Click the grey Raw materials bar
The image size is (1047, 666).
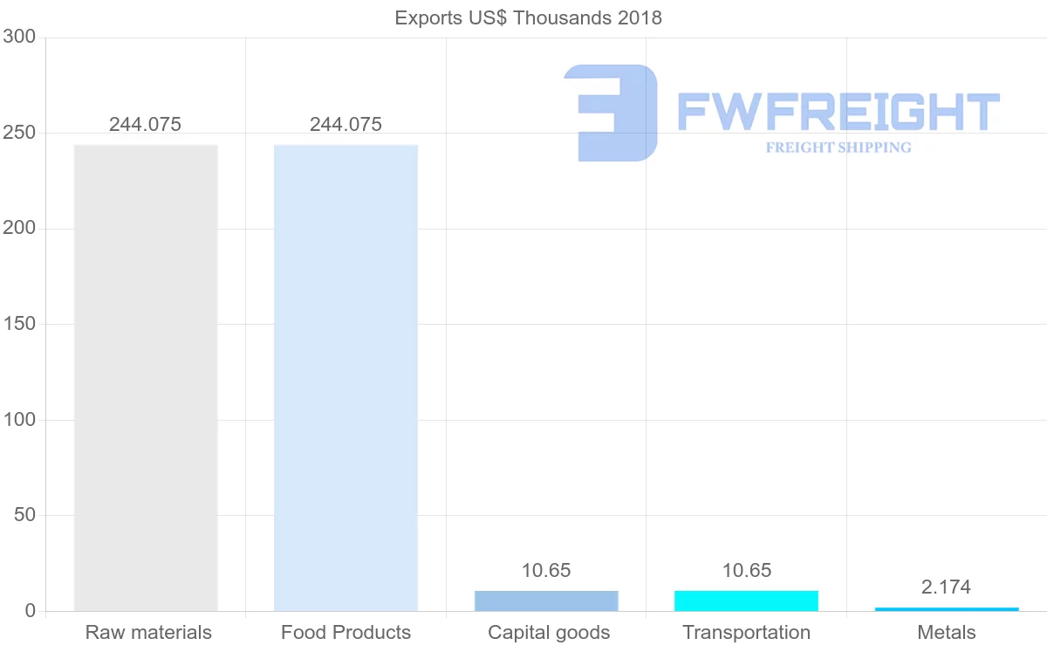point(146,377)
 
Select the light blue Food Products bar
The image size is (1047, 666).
point(346,377)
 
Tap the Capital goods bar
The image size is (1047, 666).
point(546,601)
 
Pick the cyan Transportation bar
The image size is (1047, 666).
point(747,601)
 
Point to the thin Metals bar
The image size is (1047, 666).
point(947,608)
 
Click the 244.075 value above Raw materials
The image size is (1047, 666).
point(146,124)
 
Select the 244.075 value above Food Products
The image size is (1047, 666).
point(346,124)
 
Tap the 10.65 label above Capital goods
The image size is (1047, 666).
point(546,570)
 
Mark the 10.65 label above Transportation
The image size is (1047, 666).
point(747,570)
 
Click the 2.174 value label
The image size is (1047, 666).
point(947,587)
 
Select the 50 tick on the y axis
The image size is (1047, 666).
point(24,515)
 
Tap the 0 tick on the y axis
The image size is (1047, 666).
point(31,611)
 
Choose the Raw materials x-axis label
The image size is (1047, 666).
point(148,632)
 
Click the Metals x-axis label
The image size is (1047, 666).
point(947,632)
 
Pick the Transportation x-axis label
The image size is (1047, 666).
point(747,632)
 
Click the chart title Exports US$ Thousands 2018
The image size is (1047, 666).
point(529,17)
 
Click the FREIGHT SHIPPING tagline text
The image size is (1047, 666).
point(838,148)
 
